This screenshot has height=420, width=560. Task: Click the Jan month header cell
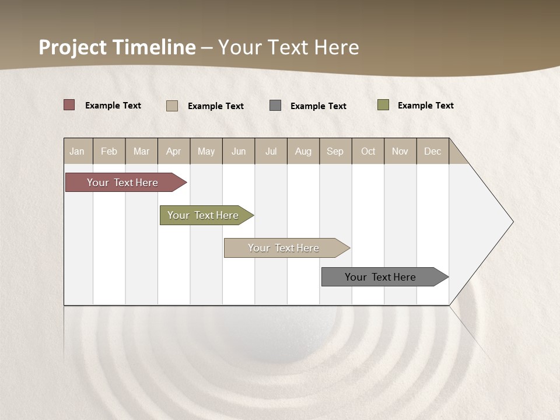78,151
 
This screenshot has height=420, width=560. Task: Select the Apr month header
174,151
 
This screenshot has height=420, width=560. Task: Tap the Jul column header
271,151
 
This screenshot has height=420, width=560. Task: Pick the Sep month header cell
335,151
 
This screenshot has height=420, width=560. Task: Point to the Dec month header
433,151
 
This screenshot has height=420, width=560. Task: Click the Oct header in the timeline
368,151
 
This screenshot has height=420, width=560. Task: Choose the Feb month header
109,151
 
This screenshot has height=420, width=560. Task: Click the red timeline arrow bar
123,183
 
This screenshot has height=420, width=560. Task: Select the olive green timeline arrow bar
203,215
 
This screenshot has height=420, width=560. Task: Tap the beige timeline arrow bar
283,248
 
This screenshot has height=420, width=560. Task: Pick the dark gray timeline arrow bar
380,277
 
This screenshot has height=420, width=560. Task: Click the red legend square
69,105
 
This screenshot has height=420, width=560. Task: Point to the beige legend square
172,106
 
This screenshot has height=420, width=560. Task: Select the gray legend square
275,105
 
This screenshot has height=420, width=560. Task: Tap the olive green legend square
383,105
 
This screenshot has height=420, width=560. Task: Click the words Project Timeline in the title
117,47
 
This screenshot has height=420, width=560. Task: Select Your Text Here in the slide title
289,47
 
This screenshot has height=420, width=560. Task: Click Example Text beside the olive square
425,105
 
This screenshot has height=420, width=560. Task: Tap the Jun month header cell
239,151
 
